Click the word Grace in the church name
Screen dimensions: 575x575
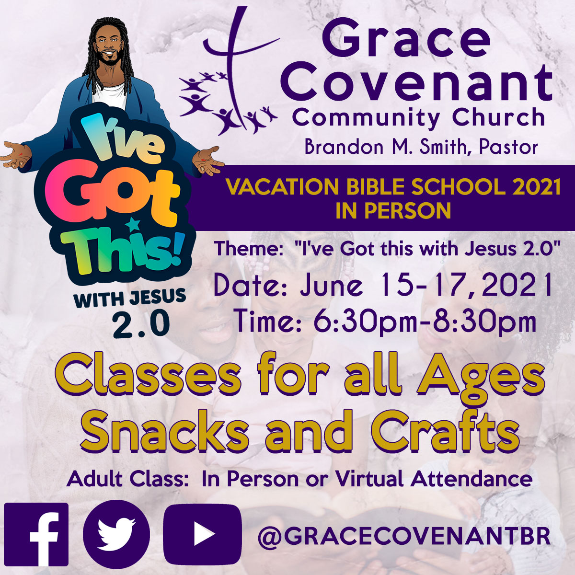pos(405,40)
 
